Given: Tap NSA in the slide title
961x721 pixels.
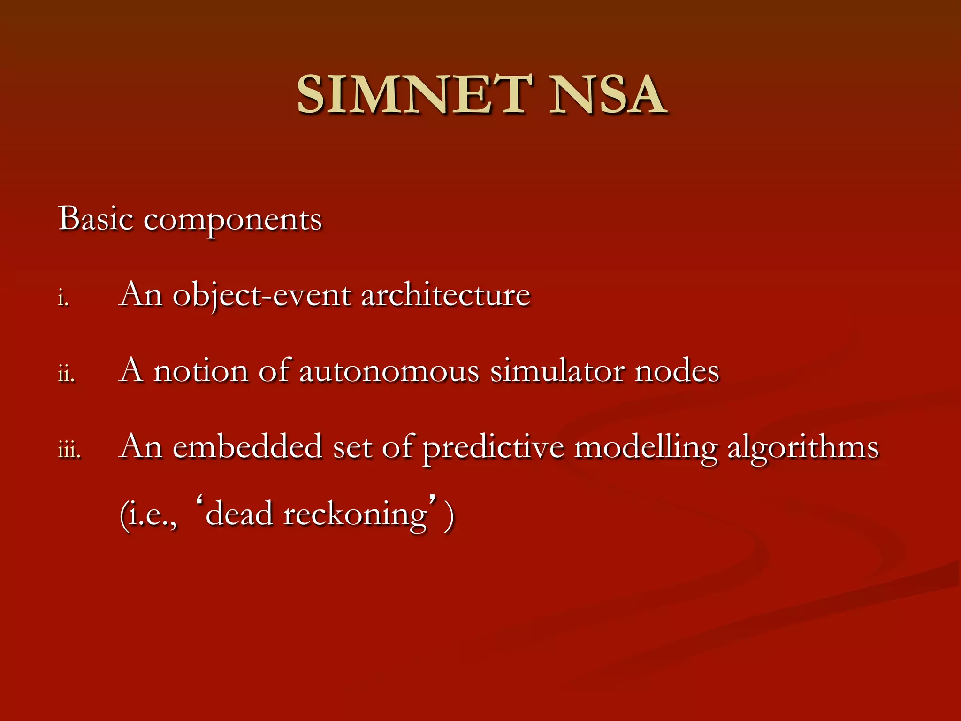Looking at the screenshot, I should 607,95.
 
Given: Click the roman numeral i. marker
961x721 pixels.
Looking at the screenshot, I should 64,298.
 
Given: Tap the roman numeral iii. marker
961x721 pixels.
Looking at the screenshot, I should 69,450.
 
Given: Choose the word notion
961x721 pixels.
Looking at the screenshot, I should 201,371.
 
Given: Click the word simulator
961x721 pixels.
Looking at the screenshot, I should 557,371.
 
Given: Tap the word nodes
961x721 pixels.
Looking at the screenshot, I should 677,371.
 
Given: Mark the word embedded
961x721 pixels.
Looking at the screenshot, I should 247,447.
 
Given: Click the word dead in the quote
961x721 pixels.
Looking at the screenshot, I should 239,514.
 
